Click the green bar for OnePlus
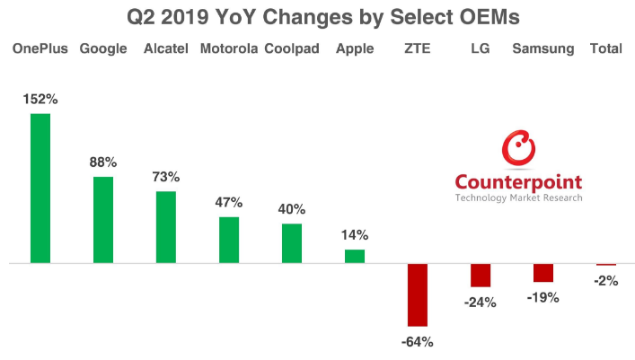40,189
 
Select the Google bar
103,220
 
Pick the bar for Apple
355,256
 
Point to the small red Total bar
606,265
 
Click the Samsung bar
543,273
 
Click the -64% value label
419,341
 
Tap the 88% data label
103,162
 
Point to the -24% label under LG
481,303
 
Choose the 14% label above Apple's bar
355,235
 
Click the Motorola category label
228,48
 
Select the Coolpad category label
292,48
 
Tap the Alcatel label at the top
166,48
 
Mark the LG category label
481,48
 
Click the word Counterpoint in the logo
518,180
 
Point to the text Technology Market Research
518,198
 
